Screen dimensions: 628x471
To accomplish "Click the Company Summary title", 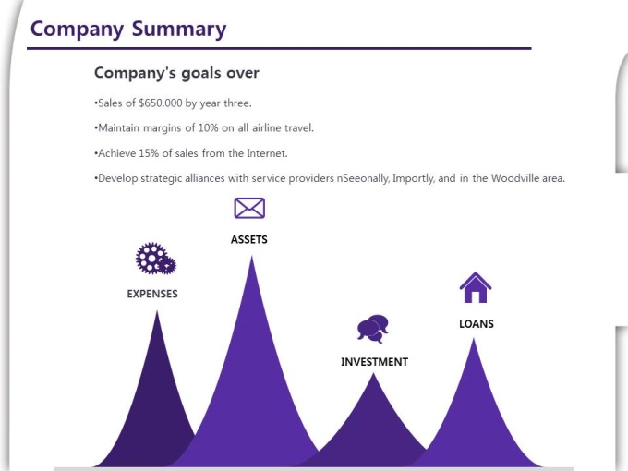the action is coord(128,30).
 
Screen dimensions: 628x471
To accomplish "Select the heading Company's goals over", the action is coord(176,73).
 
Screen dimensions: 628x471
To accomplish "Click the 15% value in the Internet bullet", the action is coord(149,153).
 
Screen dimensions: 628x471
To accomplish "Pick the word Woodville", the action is coord(515,178).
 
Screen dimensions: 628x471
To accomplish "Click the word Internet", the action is coord(267,153).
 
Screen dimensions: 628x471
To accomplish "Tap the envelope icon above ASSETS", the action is coord(249,208).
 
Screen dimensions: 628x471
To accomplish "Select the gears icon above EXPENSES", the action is coord(156,259).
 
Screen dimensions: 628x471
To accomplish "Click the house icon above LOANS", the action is coord(476,287).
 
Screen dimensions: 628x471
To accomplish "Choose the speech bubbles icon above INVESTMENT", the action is coord(373,329).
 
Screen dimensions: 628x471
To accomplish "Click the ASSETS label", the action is coord(249,239).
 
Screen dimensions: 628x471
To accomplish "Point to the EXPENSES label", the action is coord(152,294).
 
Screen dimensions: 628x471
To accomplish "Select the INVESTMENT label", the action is coord(374,362).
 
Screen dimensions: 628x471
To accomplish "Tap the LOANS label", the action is coord(477,323).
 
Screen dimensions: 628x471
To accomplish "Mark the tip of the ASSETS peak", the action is coord(251,257).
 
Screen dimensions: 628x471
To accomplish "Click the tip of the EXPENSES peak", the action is coord(157,311).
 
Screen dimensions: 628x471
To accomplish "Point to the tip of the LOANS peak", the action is coord(474,339).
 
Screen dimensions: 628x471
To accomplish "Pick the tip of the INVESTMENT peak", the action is coord(374,373).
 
